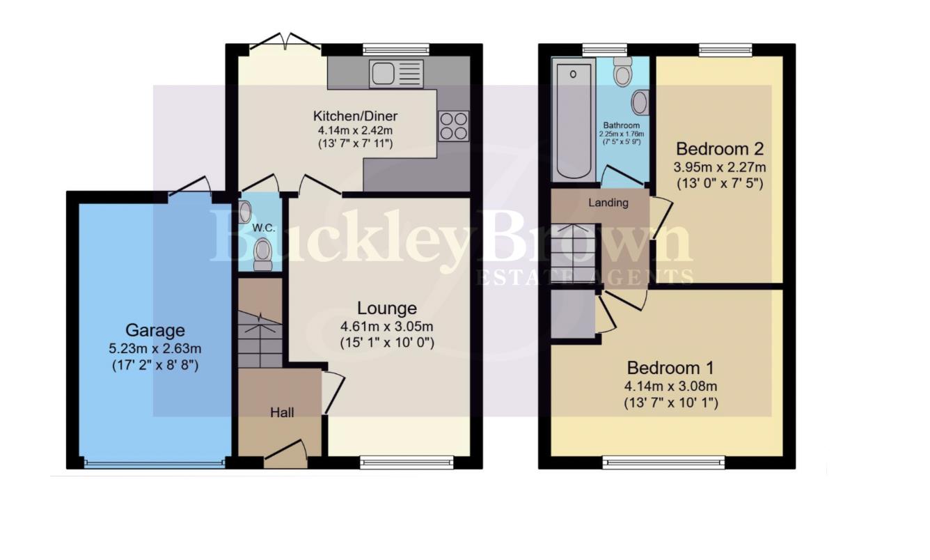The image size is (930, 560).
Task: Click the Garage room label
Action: tap(155, 329)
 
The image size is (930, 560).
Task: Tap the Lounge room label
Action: tap(387, 308)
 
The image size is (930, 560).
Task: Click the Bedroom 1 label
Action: tap(670, 368)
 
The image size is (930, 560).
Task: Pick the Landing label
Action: tap(608, 203)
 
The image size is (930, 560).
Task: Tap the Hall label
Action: tap(282, 412)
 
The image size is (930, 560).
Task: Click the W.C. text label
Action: tap(262, 228)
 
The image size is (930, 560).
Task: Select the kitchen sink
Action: tap(396, 74)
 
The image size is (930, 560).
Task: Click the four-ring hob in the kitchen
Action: tap(453, 126)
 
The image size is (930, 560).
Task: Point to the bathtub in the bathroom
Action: tap(574, 118)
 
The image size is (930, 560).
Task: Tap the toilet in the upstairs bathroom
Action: tap(622, 71)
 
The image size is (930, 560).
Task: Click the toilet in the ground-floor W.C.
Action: tap(263, 254)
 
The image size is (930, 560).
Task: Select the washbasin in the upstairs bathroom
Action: tap(640, 103)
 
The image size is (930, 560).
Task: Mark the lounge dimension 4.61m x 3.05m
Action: tap(387, 326)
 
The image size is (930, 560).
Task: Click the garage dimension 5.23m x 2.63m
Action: tap(155, 348)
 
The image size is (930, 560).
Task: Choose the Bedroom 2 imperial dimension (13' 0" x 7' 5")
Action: tap(720, 184)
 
